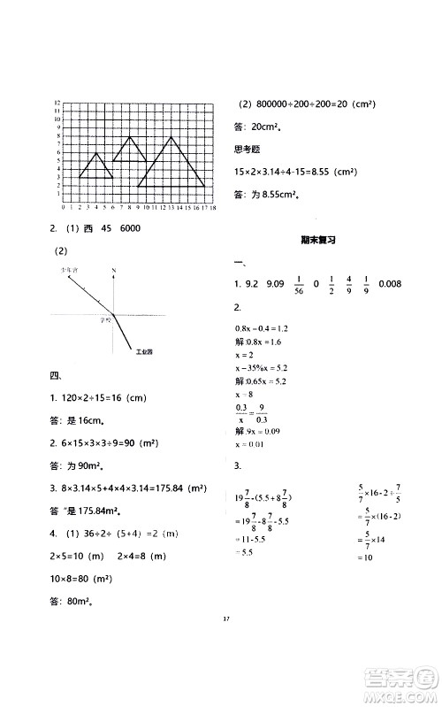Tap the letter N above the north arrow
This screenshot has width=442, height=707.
(x=114, y=269)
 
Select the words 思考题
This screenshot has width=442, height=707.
(x=248, y=149)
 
